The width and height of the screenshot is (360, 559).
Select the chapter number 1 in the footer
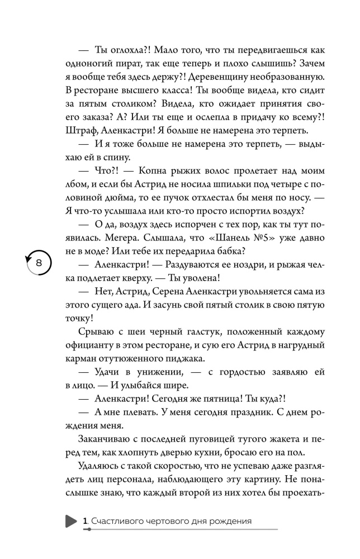point(84,521)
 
